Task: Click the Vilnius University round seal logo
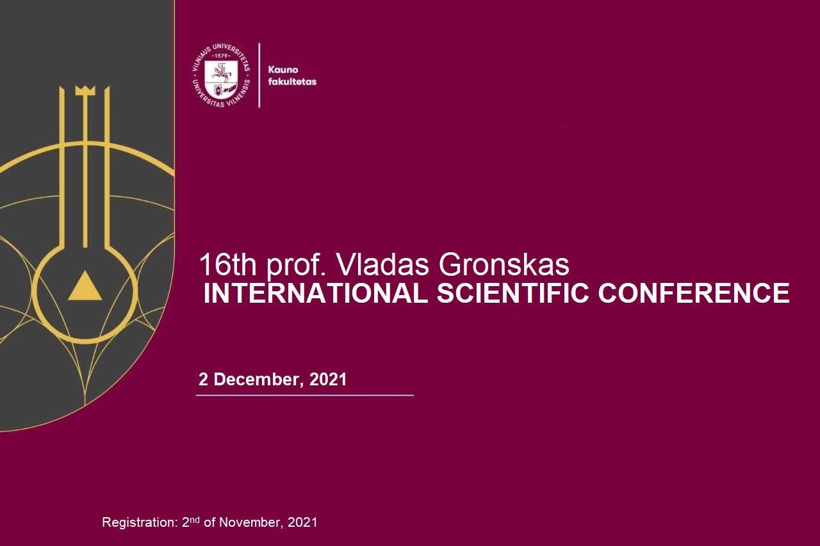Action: [221, 76]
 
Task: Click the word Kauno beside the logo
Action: [283, 70]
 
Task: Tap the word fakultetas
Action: [292, 81]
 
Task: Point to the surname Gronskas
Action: [504, 265]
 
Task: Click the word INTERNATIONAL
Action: [316, 293]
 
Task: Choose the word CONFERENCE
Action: [694, 293]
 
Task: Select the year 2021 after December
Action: [328, 379]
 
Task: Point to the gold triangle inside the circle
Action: [85, 285]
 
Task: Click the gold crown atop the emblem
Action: [85, 90]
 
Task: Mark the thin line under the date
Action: [304, 395]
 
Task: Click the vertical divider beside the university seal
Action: [259, 76]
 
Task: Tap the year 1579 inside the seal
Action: [221, 56]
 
